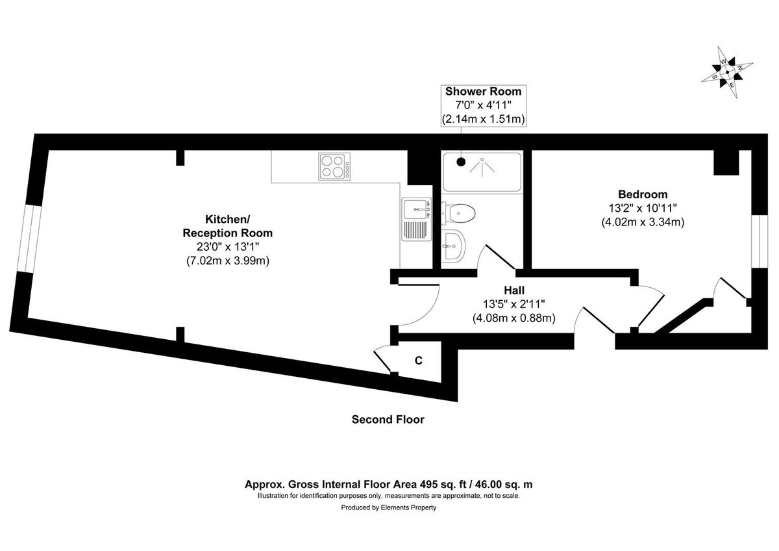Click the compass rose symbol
727,72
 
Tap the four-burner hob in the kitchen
334,166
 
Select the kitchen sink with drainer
416,219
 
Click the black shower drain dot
461,162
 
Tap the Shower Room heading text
483,92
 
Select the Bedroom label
642,194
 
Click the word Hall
514,290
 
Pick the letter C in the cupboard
419,360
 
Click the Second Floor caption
388,420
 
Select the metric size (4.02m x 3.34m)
643,222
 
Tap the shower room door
497,257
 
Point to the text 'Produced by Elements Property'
389,508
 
